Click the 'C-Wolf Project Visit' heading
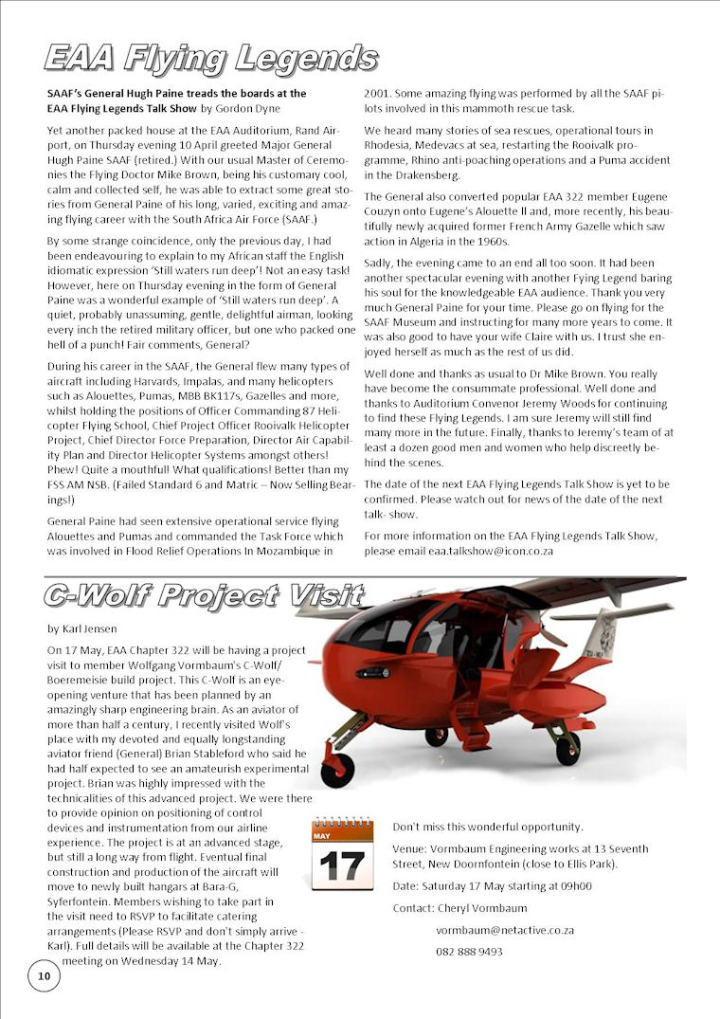(x=204, y=595)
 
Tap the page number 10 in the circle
(x=44, y=976)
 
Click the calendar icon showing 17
(x=342, y=855)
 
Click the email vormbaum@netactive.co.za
(x=505, y=930)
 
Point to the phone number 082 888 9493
(x=469, y=952)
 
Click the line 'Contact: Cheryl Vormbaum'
(x=459, y=908)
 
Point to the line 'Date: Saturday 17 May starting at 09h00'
(x=492, y=886)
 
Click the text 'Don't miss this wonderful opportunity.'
(x=488, y=827)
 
